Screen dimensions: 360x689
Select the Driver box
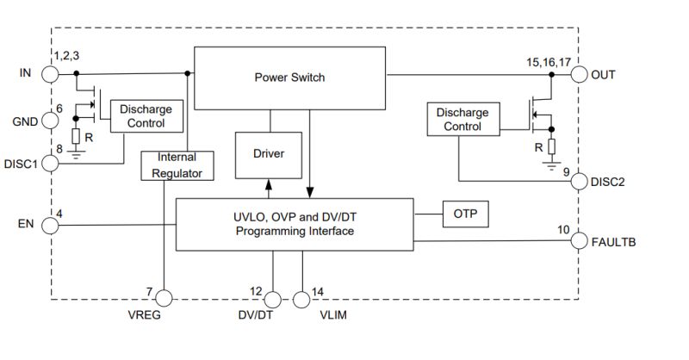(269, 154)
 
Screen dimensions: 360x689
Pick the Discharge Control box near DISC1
(146, 116)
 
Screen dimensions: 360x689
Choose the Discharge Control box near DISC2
(462, 120)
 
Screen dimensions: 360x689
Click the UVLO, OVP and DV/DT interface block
(295, 225)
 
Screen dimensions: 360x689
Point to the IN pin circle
(51, 74)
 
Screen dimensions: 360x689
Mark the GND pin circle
(51, 121)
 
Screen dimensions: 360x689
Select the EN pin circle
(51, 226)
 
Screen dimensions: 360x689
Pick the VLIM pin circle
(301, 299)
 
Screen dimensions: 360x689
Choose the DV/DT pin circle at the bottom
(272, 299)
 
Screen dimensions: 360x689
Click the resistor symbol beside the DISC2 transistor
(551, 146)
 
